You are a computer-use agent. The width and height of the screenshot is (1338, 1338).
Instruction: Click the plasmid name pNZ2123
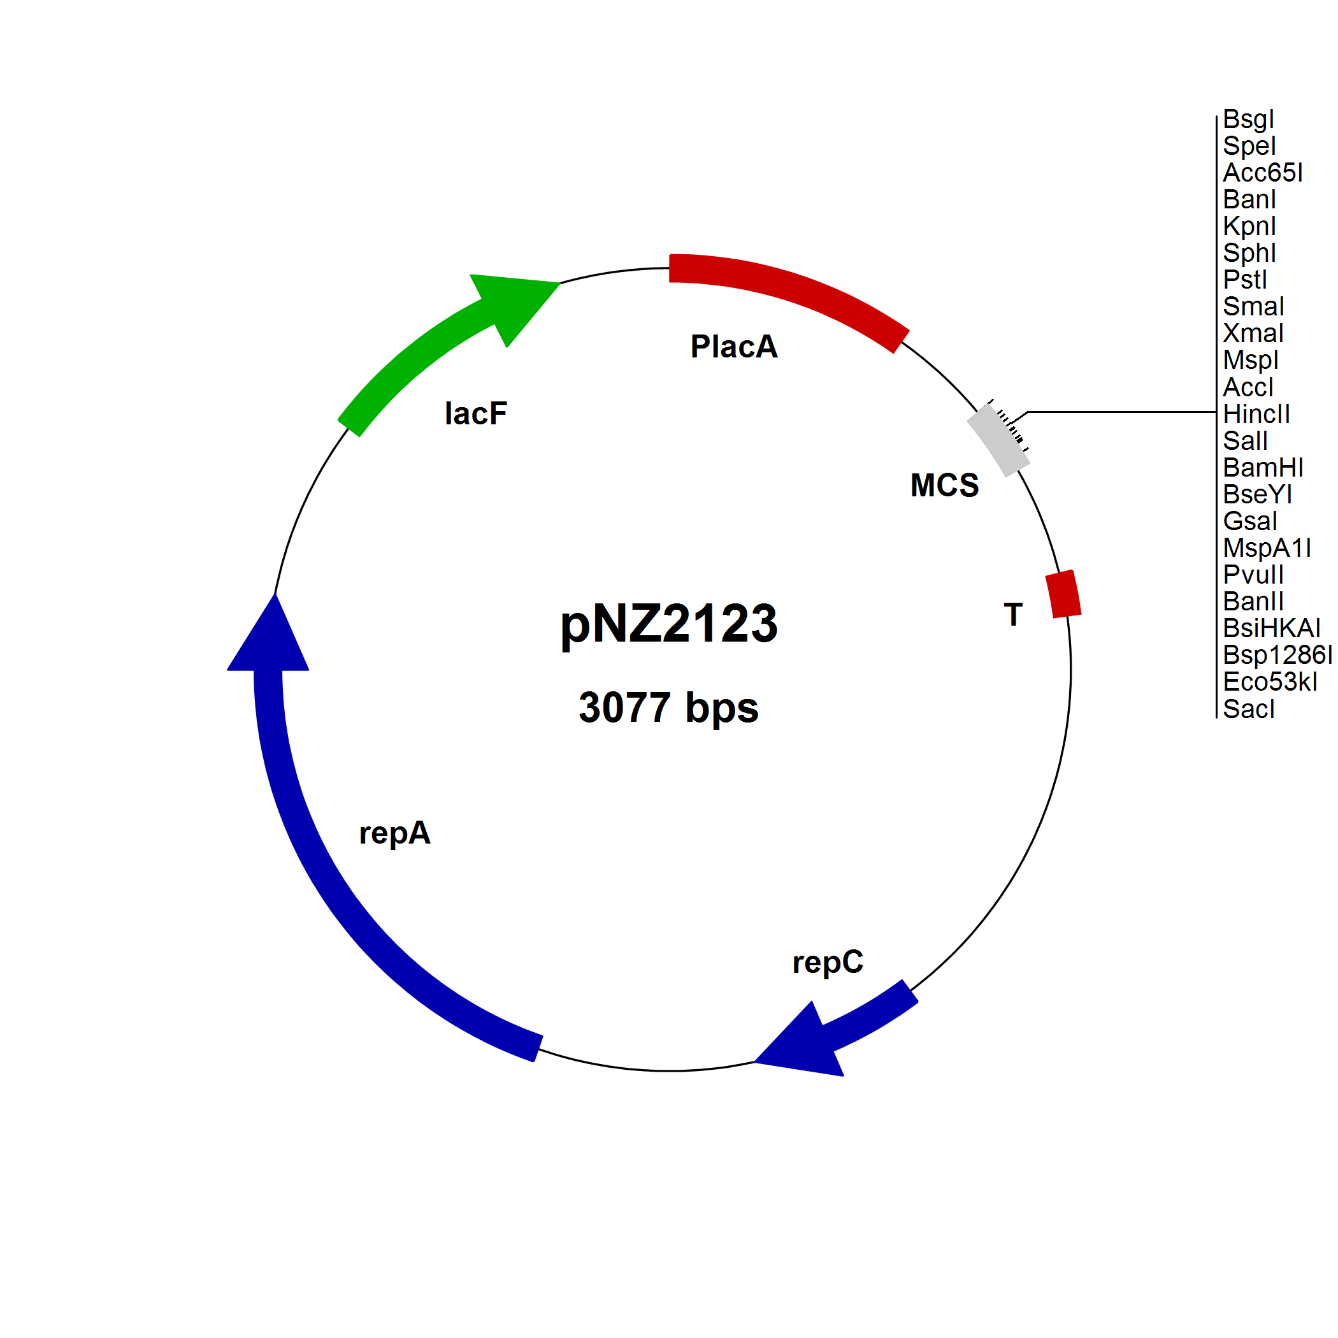(x=668, y=623)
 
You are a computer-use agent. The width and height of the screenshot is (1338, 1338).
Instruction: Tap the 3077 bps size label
(x=668, y=708)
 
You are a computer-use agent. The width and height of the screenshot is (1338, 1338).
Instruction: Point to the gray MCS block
(x=998, y=440)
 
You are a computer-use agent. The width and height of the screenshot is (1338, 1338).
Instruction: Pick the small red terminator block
(x=1063, y=594)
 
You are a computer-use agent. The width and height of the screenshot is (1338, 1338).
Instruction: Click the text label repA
(x=395, y=833)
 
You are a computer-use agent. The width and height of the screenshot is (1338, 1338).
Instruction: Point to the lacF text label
(x=476, y=414)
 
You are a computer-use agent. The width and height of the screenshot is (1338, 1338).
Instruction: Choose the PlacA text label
(x=734, y=346)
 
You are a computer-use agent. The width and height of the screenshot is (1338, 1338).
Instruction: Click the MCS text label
(x=945, y=485)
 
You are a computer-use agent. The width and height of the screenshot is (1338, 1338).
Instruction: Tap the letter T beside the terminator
(x=1013, y=615)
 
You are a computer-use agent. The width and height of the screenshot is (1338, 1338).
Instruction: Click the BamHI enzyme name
(x=1263, y=468)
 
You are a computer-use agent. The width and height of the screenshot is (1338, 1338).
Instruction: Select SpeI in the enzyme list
(x=1249, y=146)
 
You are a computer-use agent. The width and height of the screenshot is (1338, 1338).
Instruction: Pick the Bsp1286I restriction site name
(x=1277, y=655)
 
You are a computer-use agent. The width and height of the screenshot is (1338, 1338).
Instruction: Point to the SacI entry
(x=1248, y=709)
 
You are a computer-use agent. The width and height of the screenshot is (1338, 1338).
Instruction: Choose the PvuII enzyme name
(x=1253, y=575)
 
